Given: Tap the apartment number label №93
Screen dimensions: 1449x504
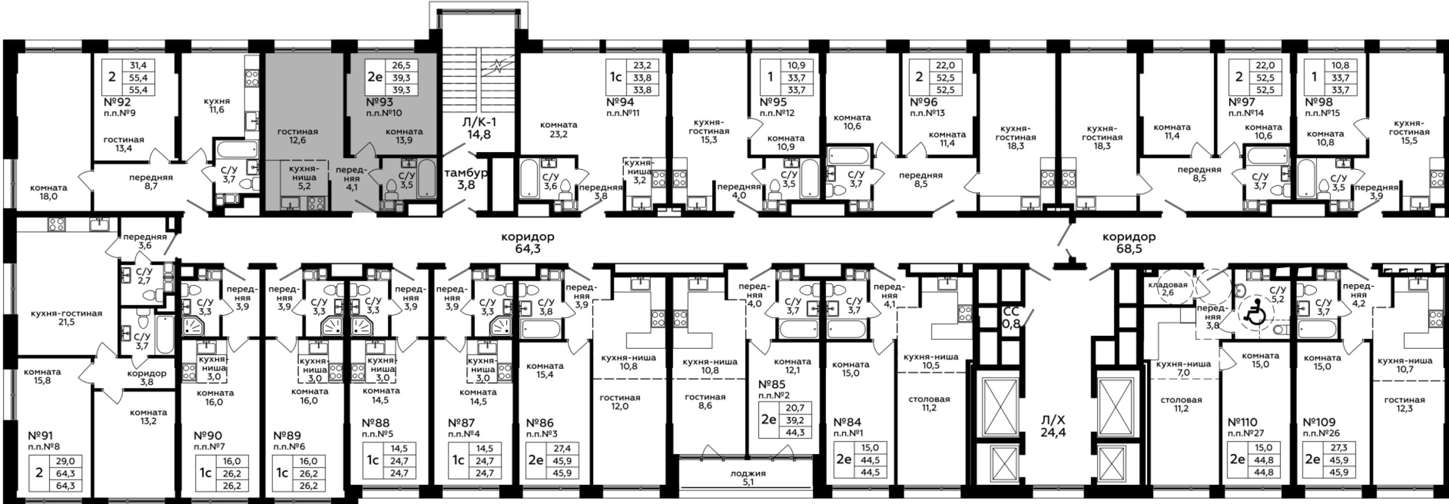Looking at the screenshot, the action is [x=380, y=102].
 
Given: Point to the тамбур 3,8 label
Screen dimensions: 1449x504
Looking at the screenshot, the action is [x=466, y=178].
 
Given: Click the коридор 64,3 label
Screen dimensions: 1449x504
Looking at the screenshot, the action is [x=528, y=242].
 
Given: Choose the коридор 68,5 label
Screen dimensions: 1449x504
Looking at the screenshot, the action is [x=1129, y=242].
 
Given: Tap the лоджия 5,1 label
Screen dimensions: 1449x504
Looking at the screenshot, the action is [x=748, y=478].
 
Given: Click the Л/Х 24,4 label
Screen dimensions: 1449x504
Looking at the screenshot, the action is [x=1053, y=426].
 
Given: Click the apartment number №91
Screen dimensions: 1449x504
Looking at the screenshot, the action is [x=40, y=435].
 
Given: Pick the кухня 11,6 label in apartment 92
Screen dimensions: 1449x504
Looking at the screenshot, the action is [x=217, y=105].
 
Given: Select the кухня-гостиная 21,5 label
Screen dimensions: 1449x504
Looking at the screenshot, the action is [x=67, y=318].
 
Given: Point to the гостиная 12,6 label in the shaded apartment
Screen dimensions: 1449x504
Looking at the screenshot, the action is [x=297, y=136].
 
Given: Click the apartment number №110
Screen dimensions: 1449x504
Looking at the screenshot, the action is [x=1242, y=422].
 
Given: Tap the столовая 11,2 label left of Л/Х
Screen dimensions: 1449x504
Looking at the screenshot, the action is [x=929, y=403].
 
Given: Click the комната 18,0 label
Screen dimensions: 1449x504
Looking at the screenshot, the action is [x=49, y=192].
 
